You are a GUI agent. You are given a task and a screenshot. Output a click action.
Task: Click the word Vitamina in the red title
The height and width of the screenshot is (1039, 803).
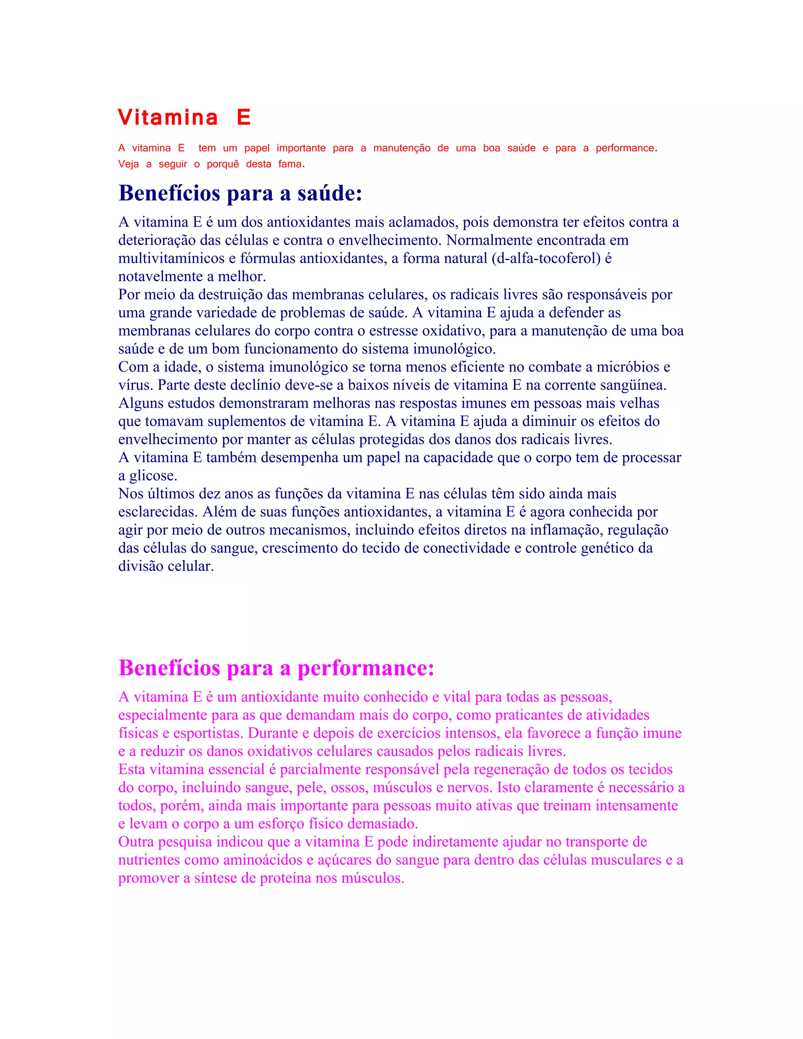point(168,118)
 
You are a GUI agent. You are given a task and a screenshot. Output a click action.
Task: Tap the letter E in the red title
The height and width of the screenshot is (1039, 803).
point(243,118)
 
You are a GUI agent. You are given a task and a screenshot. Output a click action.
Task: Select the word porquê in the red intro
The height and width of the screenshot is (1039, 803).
point(223,164)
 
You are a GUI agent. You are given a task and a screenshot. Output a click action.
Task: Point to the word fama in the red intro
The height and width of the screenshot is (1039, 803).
point(290,164)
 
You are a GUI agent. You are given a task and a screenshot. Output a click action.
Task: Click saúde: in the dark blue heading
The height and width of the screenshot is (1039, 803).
point(330,193)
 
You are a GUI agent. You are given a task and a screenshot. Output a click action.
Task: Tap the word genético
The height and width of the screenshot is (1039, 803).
point(609,548)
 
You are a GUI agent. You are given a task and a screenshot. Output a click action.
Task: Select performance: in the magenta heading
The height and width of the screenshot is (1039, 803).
point(366,668)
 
